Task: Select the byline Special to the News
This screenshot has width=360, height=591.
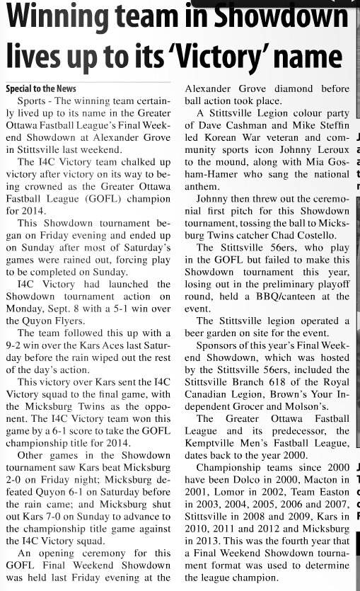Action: coord(41,89)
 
